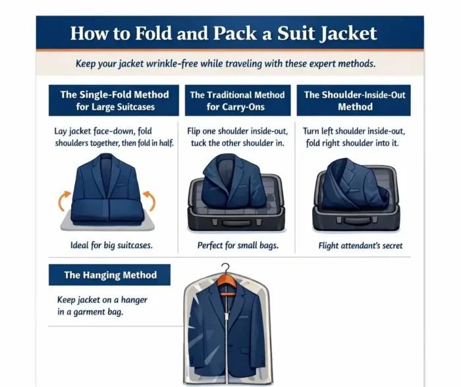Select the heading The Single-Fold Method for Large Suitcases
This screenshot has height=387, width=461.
click(115, 101)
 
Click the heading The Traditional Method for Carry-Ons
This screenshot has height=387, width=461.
click(237, 101)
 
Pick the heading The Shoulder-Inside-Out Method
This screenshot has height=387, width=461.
click(355, 101)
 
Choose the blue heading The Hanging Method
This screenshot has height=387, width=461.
click(111, 275)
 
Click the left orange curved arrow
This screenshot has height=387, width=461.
click(64, 200)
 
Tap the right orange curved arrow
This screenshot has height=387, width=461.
click(149, 200)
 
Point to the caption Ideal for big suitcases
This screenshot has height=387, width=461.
click(111, 245)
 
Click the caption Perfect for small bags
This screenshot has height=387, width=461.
click(238, 245)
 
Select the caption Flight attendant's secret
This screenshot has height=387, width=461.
click(360, 245)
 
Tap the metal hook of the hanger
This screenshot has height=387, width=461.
click(225, 268)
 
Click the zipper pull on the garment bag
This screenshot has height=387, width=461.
click(227, 317)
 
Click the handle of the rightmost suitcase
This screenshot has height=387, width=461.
click(357, 220)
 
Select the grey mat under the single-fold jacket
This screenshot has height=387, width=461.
click(107, 222)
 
